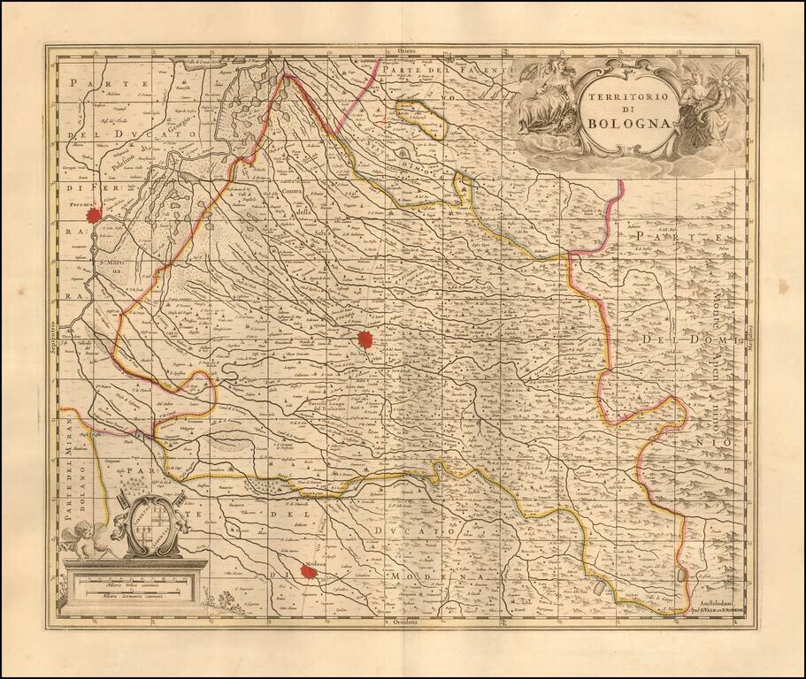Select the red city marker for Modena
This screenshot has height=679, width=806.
tap(309, 572)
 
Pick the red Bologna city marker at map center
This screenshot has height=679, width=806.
tap(365, 339)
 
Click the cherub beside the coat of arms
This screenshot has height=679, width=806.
tap(90, 538)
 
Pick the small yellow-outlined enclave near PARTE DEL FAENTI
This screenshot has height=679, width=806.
tap(420, 120)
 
